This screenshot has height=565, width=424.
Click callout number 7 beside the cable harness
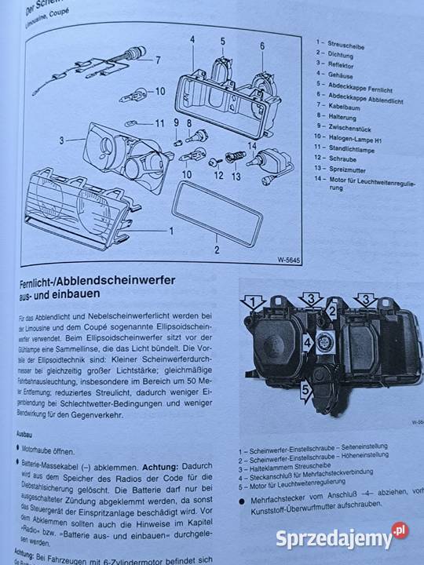pos(157,60)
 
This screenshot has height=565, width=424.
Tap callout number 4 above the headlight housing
pos(192,38)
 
